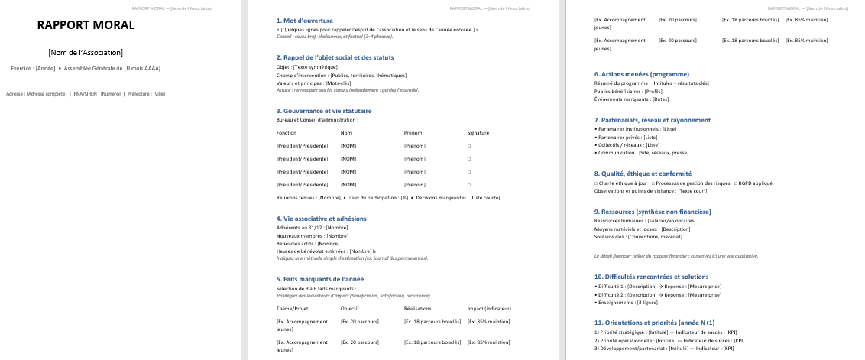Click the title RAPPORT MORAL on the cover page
86,25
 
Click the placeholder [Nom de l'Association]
86,52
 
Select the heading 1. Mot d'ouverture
303,20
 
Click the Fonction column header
287,133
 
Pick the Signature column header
478,133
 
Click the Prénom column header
413,133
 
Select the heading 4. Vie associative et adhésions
322,219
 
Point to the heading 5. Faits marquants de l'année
320,279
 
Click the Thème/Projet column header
292,308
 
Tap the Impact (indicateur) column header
489,308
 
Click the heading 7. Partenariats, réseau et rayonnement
652,120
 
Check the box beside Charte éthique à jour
596,183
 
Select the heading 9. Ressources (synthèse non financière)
653,212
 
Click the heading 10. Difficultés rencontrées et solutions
652,277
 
